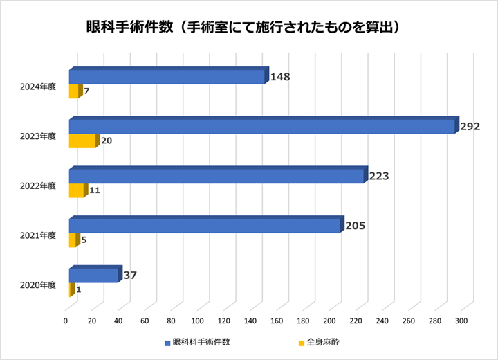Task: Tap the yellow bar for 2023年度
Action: [x=82, y=141]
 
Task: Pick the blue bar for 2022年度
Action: [x=216, y=177]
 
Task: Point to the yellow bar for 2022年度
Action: [x=76, y=191]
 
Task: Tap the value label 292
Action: [x=470, y=127]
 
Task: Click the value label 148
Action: [x=280, y=77]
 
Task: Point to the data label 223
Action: [x=379, y=176]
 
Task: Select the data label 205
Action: [x=355, y=225]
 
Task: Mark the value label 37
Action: [x=129, y=275]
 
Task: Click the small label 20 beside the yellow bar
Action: [x=107, y=141]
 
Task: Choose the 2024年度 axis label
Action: [x=39, y=87]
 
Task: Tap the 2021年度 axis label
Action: [x=39, y=235]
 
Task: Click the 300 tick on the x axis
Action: [x=461, y=321]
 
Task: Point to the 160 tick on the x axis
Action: [x=277, y=321]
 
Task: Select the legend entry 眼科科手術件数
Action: [x=201, y=342]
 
